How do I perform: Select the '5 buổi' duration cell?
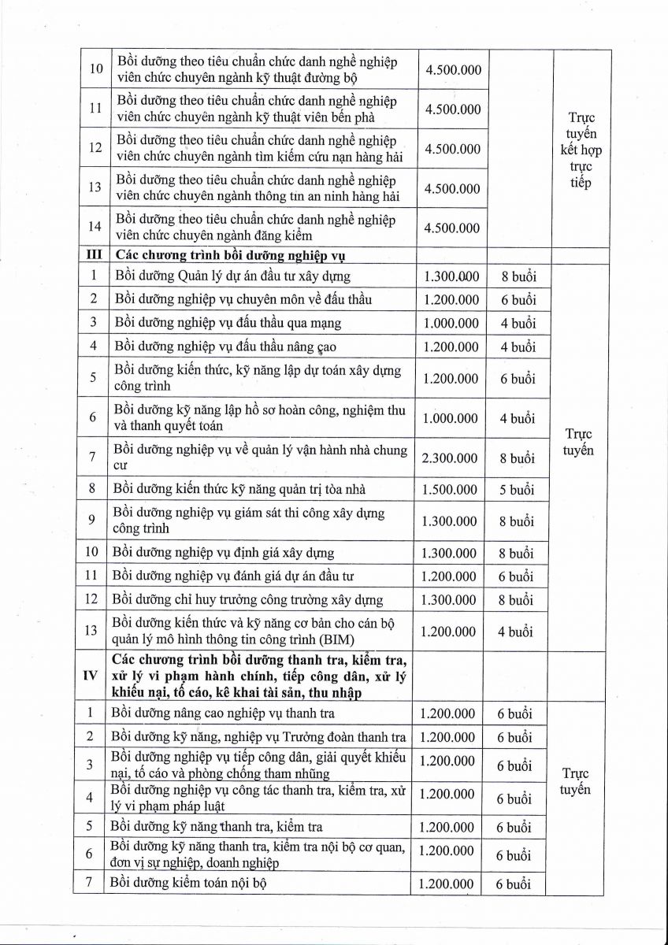point(516,489)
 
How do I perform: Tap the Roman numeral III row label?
point(94,255)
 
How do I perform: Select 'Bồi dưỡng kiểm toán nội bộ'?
point(189,883)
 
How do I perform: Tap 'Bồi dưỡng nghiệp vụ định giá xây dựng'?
point(224,553)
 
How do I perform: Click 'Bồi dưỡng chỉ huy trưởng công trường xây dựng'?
point(247,600)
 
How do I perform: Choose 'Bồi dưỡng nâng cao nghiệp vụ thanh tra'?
point(223,713)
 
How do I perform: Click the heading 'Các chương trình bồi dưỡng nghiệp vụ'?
point(231,255)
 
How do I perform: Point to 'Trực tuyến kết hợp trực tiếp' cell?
point(581,150)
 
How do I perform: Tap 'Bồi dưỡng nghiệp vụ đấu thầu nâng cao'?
point(227,346)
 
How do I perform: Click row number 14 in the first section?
point(95,227)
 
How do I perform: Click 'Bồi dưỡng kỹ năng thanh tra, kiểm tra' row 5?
point(217,827)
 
